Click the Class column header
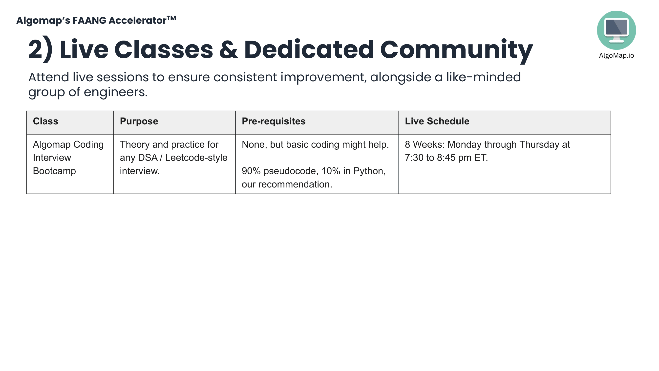45,121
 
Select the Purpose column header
139,121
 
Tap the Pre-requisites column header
274,121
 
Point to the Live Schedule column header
437,121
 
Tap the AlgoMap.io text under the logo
616,55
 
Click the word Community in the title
456,50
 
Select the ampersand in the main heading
229,49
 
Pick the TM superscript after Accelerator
171,18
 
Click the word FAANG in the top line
89,21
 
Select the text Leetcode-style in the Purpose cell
196,158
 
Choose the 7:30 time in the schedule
414,158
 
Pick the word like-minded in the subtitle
484,77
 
